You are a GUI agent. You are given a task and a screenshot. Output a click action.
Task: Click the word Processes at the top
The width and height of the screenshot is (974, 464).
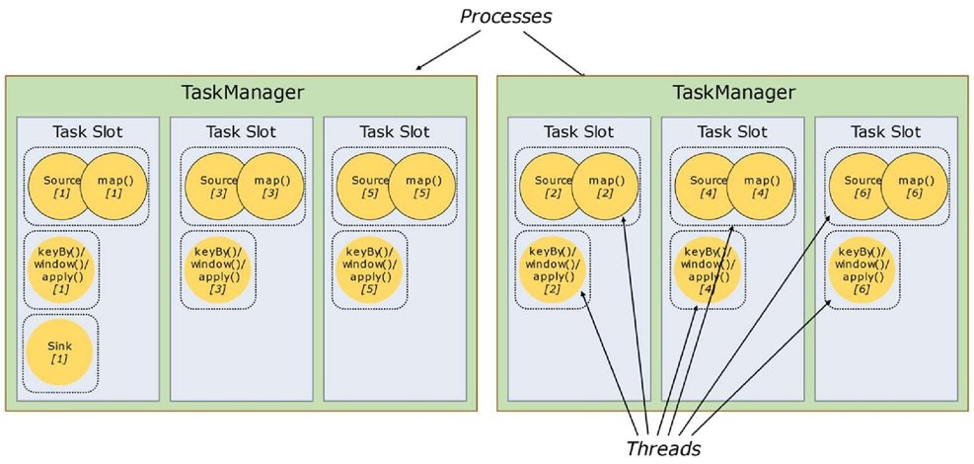coord(505,16)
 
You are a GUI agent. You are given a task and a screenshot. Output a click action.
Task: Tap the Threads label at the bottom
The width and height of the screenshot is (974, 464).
coord(664,448)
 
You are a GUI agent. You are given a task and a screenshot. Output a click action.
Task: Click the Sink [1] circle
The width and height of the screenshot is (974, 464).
coord(59,352)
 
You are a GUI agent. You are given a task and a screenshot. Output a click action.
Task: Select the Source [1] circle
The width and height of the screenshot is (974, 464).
coord(61,186)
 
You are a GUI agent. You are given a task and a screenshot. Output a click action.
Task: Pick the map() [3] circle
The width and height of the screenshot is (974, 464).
coord(270,186)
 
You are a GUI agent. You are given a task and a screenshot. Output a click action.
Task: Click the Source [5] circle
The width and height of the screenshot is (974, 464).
coord(369,186)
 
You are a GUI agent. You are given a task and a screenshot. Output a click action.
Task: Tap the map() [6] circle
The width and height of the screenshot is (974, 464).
coord(915,186)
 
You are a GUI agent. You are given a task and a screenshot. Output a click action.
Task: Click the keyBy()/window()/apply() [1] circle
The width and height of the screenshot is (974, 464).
coord(61,270)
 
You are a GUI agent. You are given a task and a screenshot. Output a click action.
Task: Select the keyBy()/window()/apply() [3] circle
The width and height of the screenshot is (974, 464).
coord(217,270)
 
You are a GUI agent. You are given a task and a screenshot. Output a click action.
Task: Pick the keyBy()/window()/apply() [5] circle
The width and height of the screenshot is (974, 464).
coord(369,270)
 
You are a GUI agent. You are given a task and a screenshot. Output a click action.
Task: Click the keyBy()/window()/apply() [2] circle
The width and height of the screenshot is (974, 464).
coord(553,270)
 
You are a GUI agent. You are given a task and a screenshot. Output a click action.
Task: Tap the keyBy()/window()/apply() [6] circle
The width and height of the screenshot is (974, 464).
coord(861,270)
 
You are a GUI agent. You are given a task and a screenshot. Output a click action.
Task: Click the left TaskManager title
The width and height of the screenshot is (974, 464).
coord(242,93)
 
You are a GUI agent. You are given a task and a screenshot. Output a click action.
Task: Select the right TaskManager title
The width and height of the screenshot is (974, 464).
coord(734,93)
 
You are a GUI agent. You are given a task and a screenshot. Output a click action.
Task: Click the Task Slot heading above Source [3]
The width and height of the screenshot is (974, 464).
coord(241,132)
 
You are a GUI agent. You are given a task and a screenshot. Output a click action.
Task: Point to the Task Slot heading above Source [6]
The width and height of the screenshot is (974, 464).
coord(886,132)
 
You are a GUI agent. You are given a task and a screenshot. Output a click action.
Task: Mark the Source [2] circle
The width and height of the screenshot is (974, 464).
coord(553,186)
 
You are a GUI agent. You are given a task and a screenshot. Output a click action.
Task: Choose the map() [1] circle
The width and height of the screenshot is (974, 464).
coord(114,186)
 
